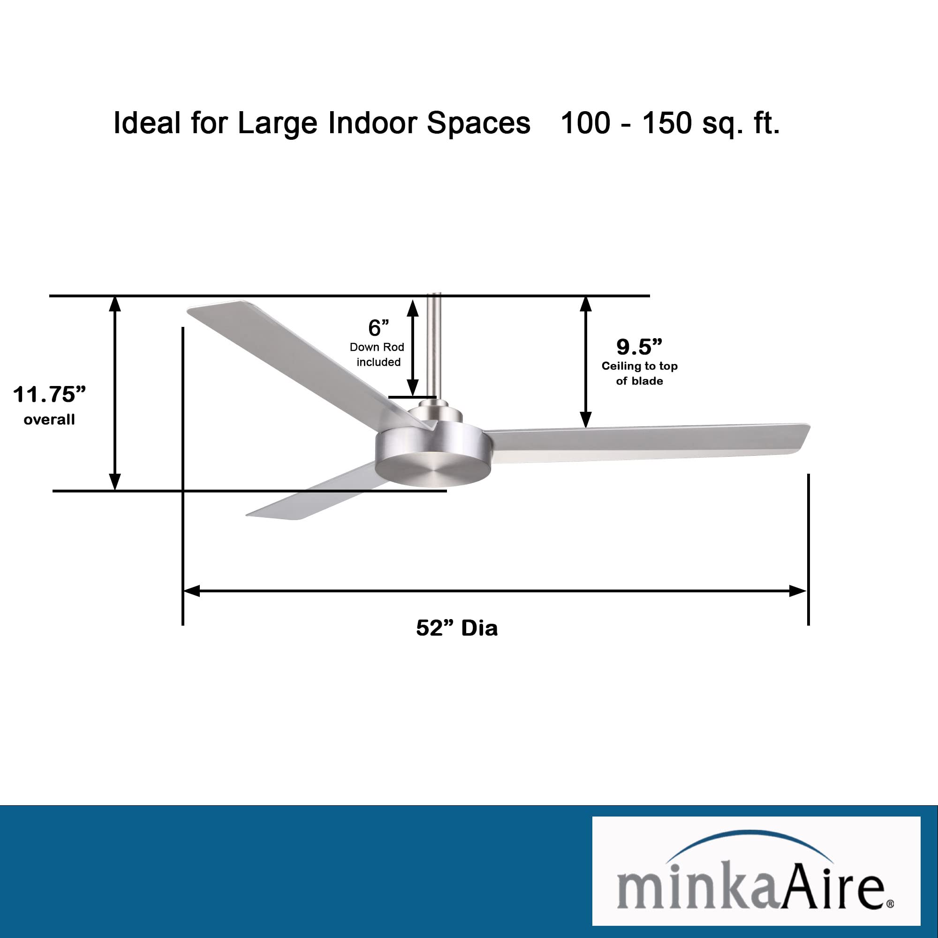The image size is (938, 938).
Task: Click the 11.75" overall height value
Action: click(49, 395)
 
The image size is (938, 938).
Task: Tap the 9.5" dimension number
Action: click(639, 347)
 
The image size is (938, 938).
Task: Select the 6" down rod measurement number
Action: click(378, 328)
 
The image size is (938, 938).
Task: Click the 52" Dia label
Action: click(456, 628)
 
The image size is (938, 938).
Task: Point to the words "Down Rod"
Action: click(377, 347)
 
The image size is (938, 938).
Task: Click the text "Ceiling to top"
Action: click(639, 366)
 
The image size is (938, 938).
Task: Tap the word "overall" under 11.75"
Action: click(49, 419)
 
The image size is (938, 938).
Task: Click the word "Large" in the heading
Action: click(278, 123)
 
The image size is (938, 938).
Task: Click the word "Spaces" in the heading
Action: click(478, 123)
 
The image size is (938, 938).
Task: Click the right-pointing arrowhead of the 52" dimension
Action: click(798, 591)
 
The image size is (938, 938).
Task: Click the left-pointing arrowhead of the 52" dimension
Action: click(192, 591)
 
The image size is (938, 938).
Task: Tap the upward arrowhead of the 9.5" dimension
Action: click(585, 304)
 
